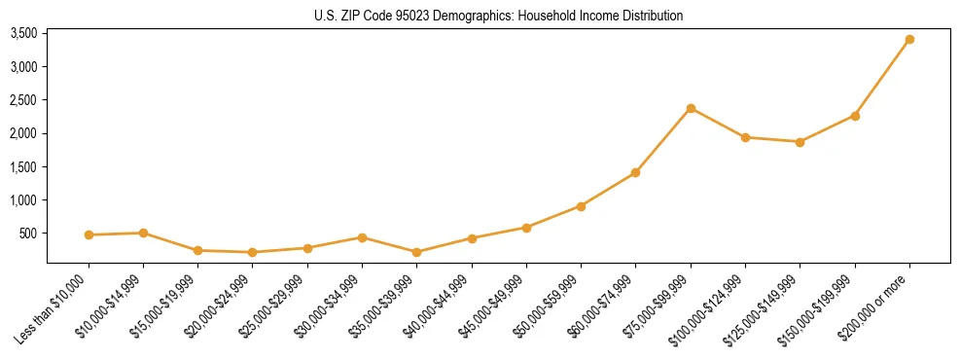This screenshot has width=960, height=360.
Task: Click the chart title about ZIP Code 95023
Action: click(499, 16)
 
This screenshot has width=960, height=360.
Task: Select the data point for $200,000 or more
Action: click(909, 40)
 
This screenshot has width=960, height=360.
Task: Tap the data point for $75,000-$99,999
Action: click(691, 108)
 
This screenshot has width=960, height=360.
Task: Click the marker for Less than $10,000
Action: click(89, 234)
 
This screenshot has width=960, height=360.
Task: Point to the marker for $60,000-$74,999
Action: click(635, 172)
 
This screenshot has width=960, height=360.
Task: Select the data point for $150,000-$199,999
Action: click(855, 116)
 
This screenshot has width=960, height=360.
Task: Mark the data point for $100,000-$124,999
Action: click(745, 137)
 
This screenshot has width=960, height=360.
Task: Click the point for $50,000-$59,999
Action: click(581, 206)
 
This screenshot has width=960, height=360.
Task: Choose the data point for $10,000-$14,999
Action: click(143, 233)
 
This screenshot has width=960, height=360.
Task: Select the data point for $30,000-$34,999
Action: click(362, 237)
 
